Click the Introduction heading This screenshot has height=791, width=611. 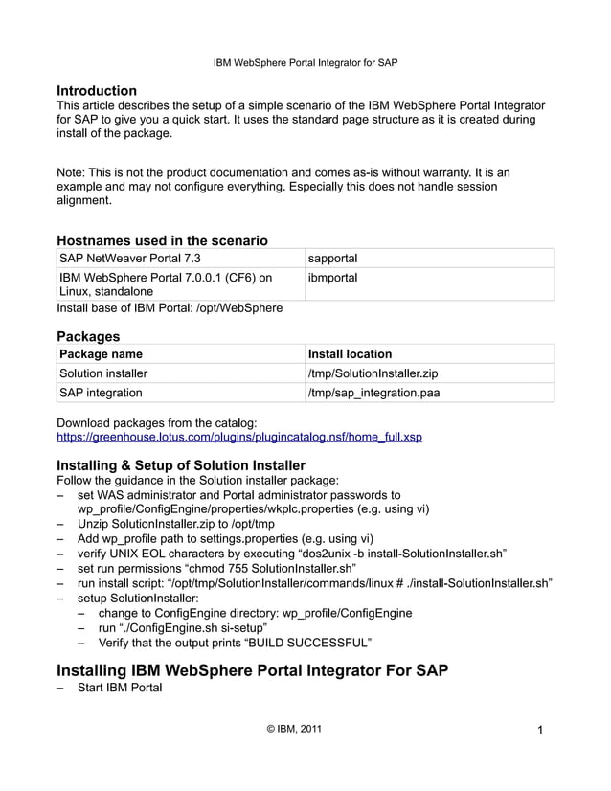click(x=97, y=90)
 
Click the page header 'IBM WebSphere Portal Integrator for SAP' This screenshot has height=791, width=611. click(x=305, y=62)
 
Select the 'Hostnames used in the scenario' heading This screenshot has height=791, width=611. click(x=162, y=239)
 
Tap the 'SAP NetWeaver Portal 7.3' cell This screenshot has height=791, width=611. click(x=130, y=259)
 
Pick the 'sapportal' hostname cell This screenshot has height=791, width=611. click(x=332, y=259)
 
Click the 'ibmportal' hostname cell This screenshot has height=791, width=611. click(x=332, y=278)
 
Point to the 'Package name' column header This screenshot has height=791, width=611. click(x=101, y=354)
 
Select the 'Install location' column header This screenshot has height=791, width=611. click(x=350, y=354)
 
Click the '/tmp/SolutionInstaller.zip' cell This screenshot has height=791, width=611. click(x=373, y=373)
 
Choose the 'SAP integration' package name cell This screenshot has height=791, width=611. click(x=101, y=393)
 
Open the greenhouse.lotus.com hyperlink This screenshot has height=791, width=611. click(x=239, y=438)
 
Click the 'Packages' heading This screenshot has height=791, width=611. click(x=88, y=336)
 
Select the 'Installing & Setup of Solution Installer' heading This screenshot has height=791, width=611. click(x=181, y=464)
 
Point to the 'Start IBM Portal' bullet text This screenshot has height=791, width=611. click(x=120, y=688)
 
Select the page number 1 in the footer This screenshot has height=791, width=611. click(x=540, y=732)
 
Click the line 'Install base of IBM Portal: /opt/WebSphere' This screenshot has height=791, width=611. click(x=170, y=308)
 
